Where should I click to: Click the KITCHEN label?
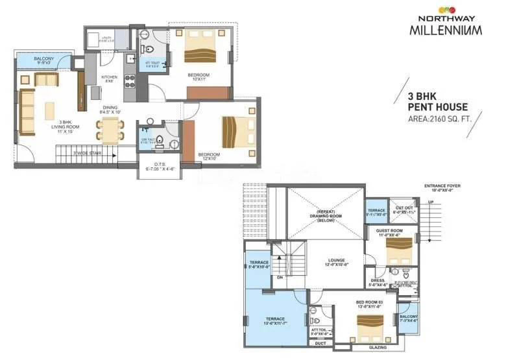[109, 78]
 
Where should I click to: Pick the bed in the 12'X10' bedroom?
[235, 132]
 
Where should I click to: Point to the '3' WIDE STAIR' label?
[86, 153]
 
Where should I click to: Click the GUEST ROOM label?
[392, 230]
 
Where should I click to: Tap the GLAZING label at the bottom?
[377, 348]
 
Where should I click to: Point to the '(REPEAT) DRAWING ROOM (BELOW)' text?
[325, 216]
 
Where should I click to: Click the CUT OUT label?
[403, 208]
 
